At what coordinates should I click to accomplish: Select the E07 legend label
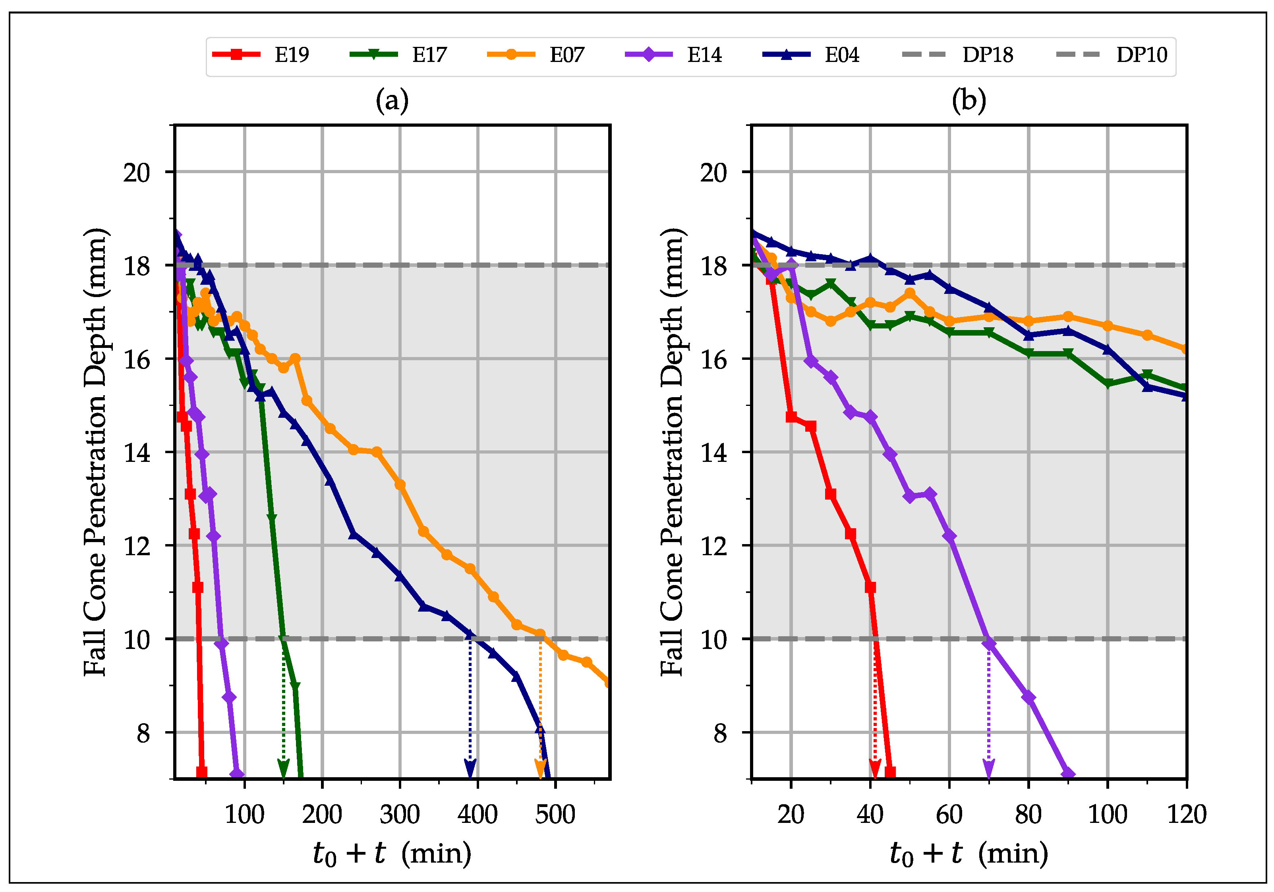566,55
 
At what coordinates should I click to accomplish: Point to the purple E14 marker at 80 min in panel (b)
1028,697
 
